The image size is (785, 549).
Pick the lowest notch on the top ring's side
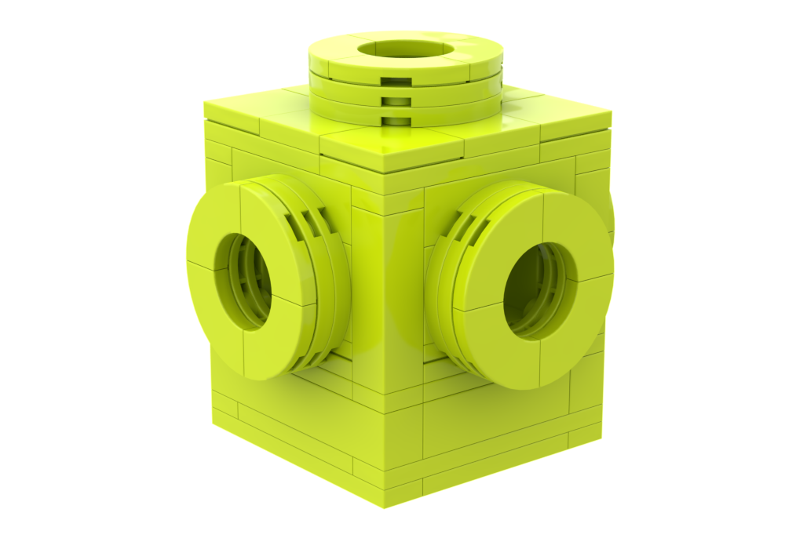pos(394,120)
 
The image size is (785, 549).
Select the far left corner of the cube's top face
pos(203,103)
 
